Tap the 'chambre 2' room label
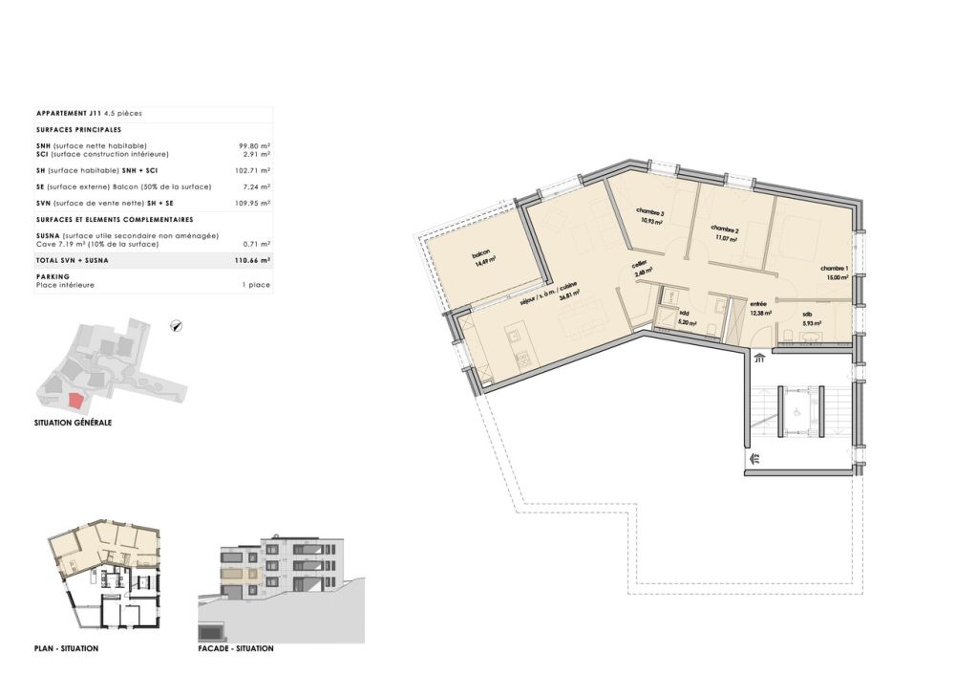coord(725,230)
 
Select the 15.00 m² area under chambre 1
coord(838,278)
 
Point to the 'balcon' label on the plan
coord(480,256)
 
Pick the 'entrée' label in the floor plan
coord(759,303)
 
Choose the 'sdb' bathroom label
coord(807,315)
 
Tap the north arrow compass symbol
coord(176,326)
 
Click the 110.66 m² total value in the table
coord(253,260)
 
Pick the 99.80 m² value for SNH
coord(254,145)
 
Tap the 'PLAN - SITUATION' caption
coord(66,648)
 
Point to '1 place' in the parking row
coord(257,285)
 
